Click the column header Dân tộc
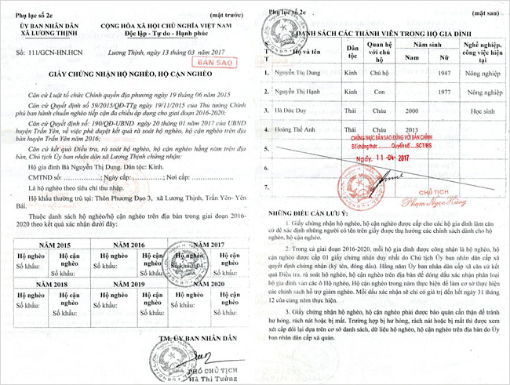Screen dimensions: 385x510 352,53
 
